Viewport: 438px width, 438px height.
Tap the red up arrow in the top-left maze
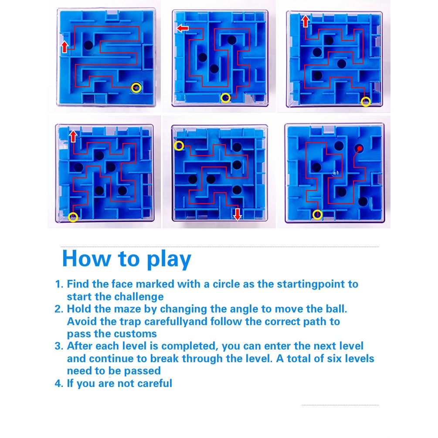[65, 47]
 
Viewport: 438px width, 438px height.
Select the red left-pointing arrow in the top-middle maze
[183, 28]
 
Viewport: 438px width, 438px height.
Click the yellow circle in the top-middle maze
[225, 98]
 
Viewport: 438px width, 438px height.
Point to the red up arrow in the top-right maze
[306, 21]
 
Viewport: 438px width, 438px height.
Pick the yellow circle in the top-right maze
[366, 102]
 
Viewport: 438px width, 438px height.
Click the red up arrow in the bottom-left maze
[73, 136]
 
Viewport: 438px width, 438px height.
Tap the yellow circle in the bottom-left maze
[73, 217]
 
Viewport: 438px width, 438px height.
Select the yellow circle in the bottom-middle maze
[179, 146]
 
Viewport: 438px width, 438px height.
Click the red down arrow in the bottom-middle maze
[238, 214]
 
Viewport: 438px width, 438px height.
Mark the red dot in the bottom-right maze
[360, 148]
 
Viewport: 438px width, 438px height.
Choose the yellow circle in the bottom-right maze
[317, 214]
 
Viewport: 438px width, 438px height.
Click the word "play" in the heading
[169, 260]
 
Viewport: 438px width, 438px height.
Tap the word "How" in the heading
[87, 258]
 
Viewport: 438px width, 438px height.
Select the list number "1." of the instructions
[59, 284]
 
